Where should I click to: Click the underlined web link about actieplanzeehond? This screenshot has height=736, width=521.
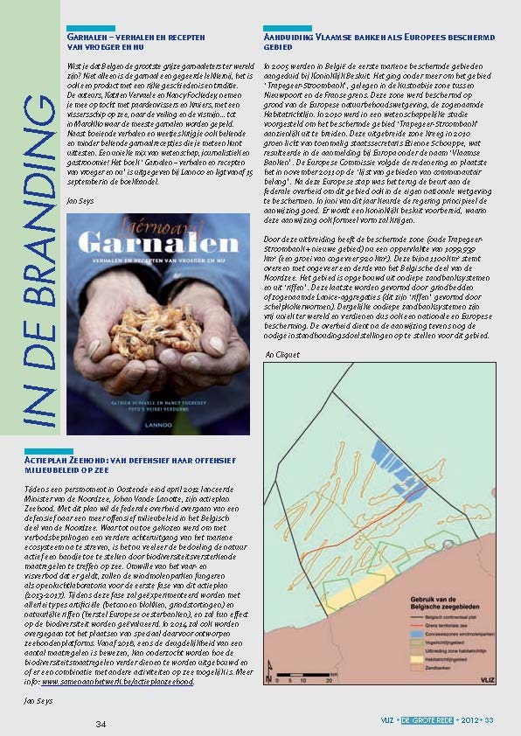pyautogui.click(x=122, y=682)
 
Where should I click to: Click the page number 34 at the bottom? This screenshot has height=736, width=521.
pyautogui.click(x=101, y=724)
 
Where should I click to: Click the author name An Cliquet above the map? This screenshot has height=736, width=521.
pyautogui.click(x=281, y=354)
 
